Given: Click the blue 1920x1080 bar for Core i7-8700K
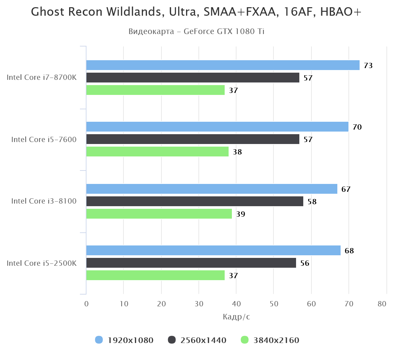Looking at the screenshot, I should point(223,65).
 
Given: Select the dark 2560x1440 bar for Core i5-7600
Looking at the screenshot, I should point(193,139).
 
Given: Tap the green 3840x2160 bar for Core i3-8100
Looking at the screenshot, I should point(159,214).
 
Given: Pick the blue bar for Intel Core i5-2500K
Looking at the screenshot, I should point(213,250).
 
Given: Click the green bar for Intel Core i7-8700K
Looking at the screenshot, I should point(155,90).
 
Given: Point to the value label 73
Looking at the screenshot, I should point(368,65).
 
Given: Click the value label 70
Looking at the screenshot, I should point(357,127).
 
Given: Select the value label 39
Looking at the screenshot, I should point(241,214).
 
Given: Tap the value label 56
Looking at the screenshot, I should point(305,263).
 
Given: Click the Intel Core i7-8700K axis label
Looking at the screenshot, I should point(42,78).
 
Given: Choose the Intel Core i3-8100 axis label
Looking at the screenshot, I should point(44,201).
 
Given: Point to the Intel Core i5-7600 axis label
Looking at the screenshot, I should point(44,139).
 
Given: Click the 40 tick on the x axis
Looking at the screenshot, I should point(236,304).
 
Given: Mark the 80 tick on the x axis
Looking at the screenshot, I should point(382,304).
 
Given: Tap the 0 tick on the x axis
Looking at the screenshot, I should point(86,304).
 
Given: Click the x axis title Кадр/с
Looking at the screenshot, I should point(236,316).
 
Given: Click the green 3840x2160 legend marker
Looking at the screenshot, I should point(245,340).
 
